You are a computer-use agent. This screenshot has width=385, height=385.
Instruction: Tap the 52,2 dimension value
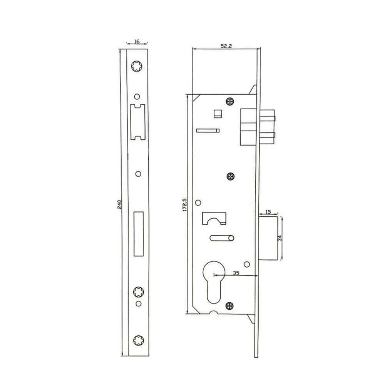226,46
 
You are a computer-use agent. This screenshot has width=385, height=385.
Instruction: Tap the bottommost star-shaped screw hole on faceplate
137,340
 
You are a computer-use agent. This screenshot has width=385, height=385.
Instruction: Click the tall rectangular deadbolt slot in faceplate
138,233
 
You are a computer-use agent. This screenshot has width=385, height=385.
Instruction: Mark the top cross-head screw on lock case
230,101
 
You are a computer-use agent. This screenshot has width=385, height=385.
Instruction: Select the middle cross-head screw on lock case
230,176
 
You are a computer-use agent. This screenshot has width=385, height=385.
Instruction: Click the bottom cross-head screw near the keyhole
230,306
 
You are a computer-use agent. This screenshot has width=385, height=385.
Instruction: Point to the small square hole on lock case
218,114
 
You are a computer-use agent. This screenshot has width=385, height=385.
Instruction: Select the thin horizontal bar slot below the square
208,131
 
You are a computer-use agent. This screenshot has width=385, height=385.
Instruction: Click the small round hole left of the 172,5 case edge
199,203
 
